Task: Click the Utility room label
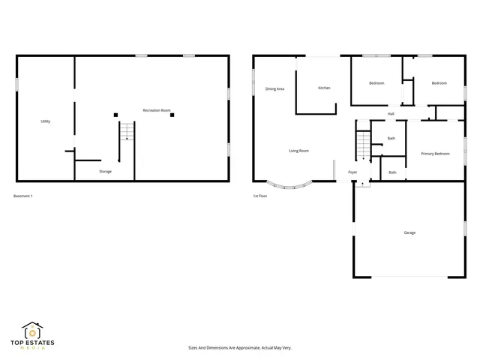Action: click(x=46, y=121)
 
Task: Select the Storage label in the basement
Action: click(x=106, y=172)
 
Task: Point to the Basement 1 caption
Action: click(x=23, y=196)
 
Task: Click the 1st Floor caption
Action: click(x=259, y=196)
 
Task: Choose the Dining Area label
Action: click(x=274, y=88)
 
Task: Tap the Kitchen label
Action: click(x=324, y=88)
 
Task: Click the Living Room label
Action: click(x=299, y=151)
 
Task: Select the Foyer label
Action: click(x=352, y=172)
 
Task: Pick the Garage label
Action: click(x=410, y=232)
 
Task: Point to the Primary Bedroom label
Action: click(x=435, y=154)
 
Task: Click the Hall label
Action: click(x=391, y=114)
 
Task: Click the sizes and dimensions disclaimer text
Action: click(x=239, y=348)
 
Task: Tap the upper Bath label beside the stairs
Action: click(x=391, y=138)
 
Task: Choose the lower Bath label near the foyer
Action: click(x=392, y=173)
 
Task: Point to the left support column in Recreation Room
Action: click(x=115, y=115)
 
